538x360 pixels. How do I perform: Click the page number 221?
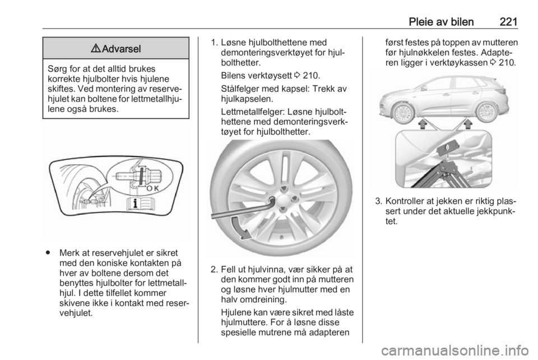click(x=508, y=22)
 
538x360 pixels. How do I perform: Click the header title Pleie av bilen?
click(x=441, y=22)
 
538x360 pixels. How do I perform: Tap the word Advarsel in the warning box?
click(x=122, y=49)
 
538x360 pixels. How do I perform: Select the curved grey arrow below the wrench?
click(x=240, y=228)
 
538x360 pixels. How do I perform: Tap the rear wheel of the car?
click(x=487, y=113)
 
